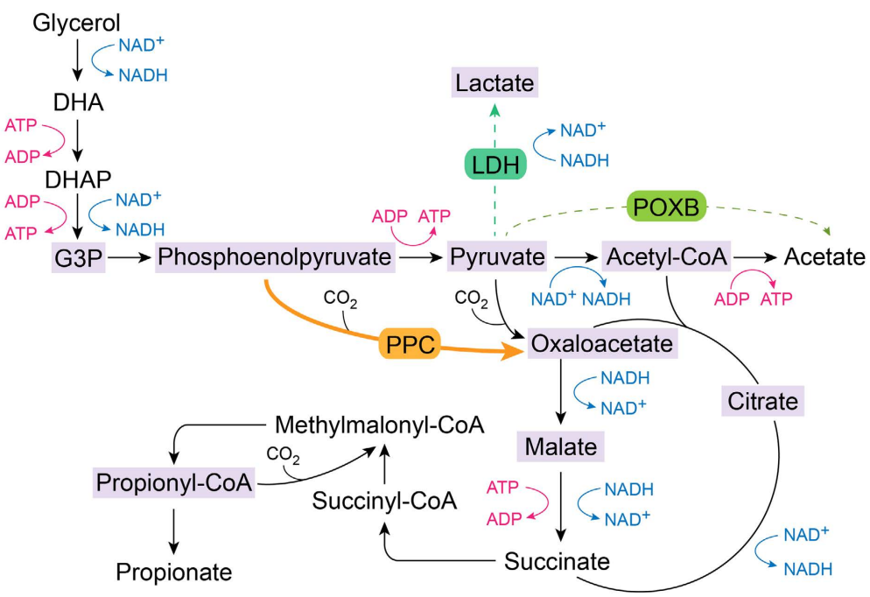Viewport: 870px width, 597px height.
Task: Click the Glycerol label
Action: click(77, 23)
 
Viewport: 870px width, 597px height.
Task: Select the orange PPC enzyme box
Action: click(408, 343)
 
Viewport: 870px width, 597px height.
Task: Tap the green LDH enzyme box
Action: click(494, 164)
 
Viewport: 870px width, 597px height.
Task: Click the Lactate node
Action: click(495, 84)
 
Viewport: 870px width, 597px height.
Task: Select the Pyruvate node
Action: click(496, 257)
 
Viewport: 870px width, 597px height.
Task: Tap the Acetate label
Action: click(824, 257)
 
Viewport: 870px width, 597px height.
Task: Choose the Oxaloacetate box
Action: click(602, 343)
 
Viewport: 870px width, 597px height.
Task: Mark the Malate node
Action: click(561, 446)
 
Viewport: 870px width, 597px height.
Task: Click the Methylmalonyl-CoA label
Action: click(379, 426)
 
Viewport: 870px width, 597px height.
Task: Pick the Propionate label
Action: click(174, 572)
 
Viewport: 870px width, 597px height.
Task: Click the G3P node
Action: click(78, 257)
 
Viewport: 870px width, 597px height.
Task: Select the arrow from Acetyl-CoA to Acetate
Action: click(754, 257)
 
